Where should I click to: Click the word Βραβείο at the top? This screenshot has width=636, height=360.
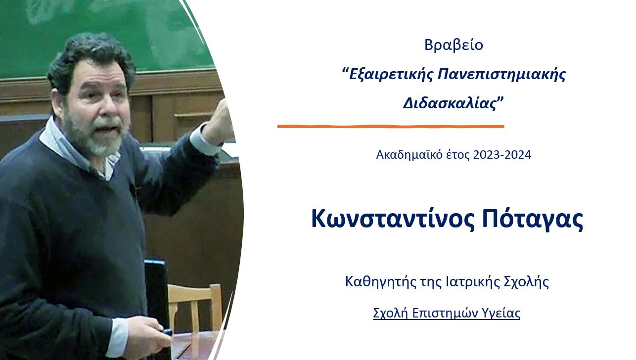tap(454, 45)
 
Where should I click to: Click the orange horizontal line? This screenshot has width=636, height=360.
tap(391, 127)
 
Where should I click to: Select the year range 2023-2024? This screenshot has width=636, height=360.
tap(502, 155)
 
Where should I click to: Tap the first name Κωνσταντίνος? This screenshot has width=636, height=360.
tap(393, 219)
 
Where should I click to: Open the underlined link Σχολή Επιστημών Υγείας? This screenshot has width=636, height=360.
tap(447, 313)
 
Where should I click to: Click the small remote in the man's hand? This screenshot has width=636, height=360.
tap(167, 332)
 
